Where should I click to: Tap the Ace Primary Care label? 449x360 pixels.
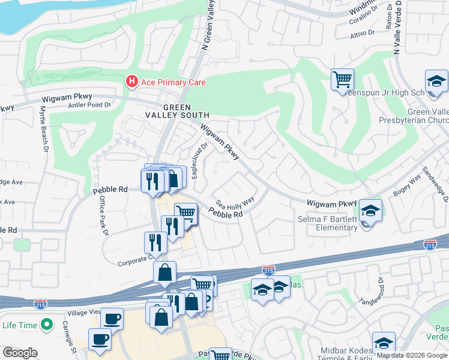click(173, 82)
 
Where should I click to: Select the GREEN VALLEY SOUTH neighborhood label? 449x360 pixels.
click(178, 111)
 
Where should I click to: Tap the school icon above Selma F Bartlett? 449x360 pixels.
click(371, 211)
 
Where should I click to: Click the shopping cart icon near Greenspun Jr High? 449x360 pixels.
click(342, 79)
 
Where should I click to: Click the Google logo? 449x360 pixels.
click(20, 353)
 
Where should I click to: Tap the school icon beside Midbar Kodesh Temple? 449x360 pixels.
click(384, 343)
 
